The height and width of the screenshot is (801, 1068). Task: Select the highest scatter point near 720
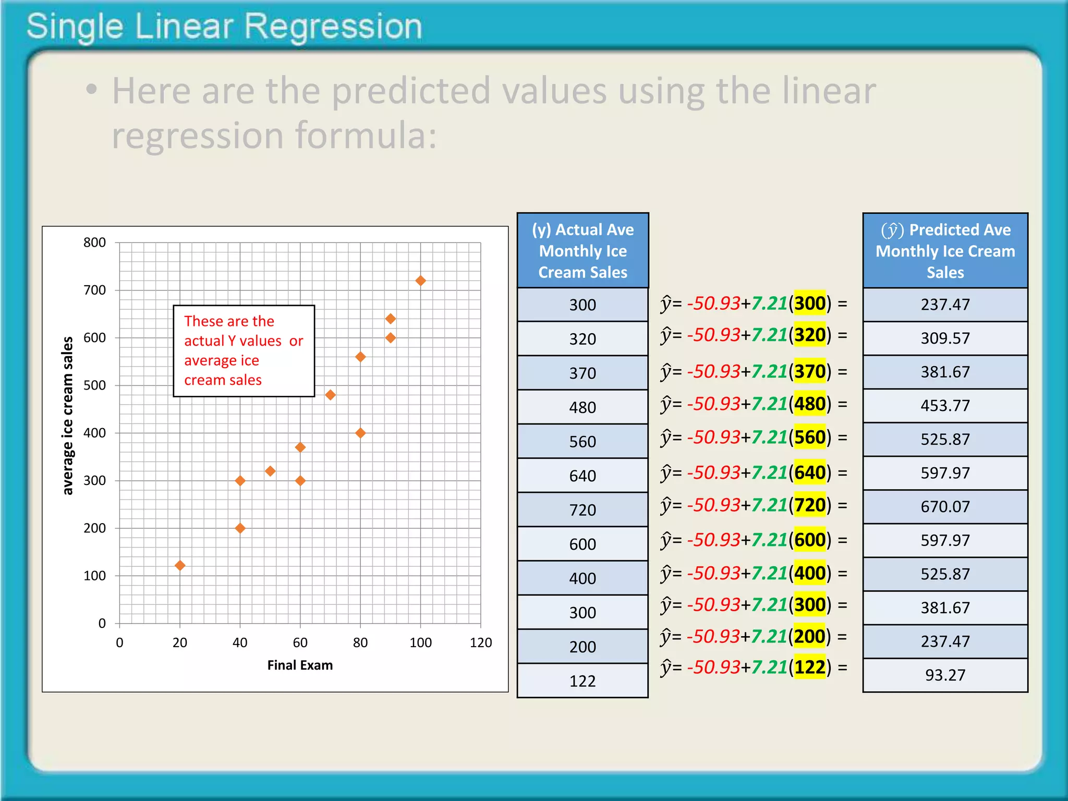coord(420,281)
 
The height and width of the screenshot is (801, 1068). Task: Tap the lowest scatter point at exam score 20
coord(180,565)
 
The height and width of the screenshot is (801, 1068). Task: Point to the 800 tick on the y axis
coord(95,242)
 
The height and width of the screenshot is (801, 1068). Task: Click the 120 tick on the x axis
coord(480,642)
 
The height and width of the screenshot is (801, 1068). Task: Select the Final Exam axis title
coord(300,665)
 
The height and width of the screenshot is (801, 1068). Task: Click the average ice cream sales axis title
coord(68,415)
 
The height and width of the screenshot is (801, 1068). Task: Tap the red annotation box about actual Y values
coord(244,350)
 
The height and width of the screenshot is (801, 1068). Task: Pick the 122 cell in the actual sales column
coord(582,681)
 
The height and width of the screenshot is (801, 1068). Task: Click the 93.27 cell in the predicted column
coord(945,675)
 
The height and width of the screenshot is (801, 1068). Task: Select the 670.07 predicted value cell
coord(945,507)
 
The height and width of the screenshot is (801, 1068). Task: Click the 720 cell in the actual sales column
coord(582,510)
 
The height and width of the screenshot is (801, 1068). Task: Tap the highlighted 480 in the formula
coord(810,404)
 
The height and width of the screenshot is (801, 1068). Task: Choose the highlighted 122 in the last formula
coord(810,667)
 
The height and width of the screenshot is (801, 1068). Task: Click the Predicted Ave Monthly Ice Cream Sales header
coord(945,251)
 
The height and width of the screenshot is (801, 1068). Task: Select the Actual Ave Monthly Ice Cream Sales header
coord(582,251)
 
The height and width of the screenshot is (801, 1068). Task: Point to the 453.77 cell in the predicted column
coord(945,406)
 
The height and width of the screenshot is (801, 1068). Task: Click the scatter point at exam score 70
coord(330,395)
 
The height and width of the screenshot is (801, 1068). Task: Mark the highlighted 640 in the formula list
coord(810,472)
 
